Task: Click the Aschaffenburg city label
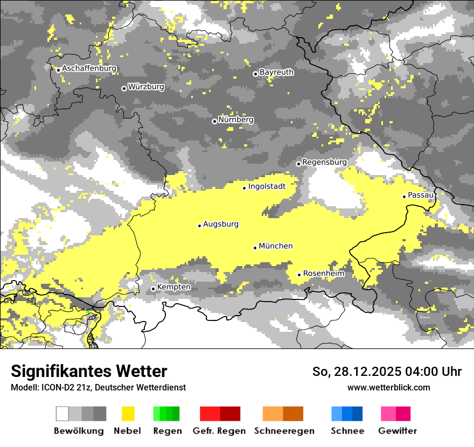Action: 89,68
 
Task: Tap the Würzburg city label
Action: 146,87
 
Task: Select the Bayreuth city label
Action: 276,72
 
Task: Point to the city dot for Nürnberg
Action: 214,121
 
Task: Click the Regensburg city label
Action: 324,162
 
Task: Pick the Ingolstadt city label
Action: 267,186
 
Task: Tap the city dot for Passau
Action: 404,197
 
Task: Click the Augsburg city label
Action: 221,224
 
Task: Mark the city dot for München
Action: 255,248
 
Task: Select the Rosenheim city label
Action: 323,274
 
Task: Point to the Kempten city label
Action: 173,287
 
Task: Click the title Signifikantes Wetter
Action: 89,372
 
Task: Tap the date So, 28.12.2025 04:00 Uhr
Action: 387,372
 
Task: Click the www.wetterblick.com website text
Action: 388,387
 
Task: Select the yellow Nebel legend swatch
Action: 128,414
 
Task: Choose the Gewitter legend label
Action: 397,431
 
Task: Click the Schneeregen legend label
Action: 284,431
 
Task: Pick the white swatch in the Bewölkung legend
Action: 62,414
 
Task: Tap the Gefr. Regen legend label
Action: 219,431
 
